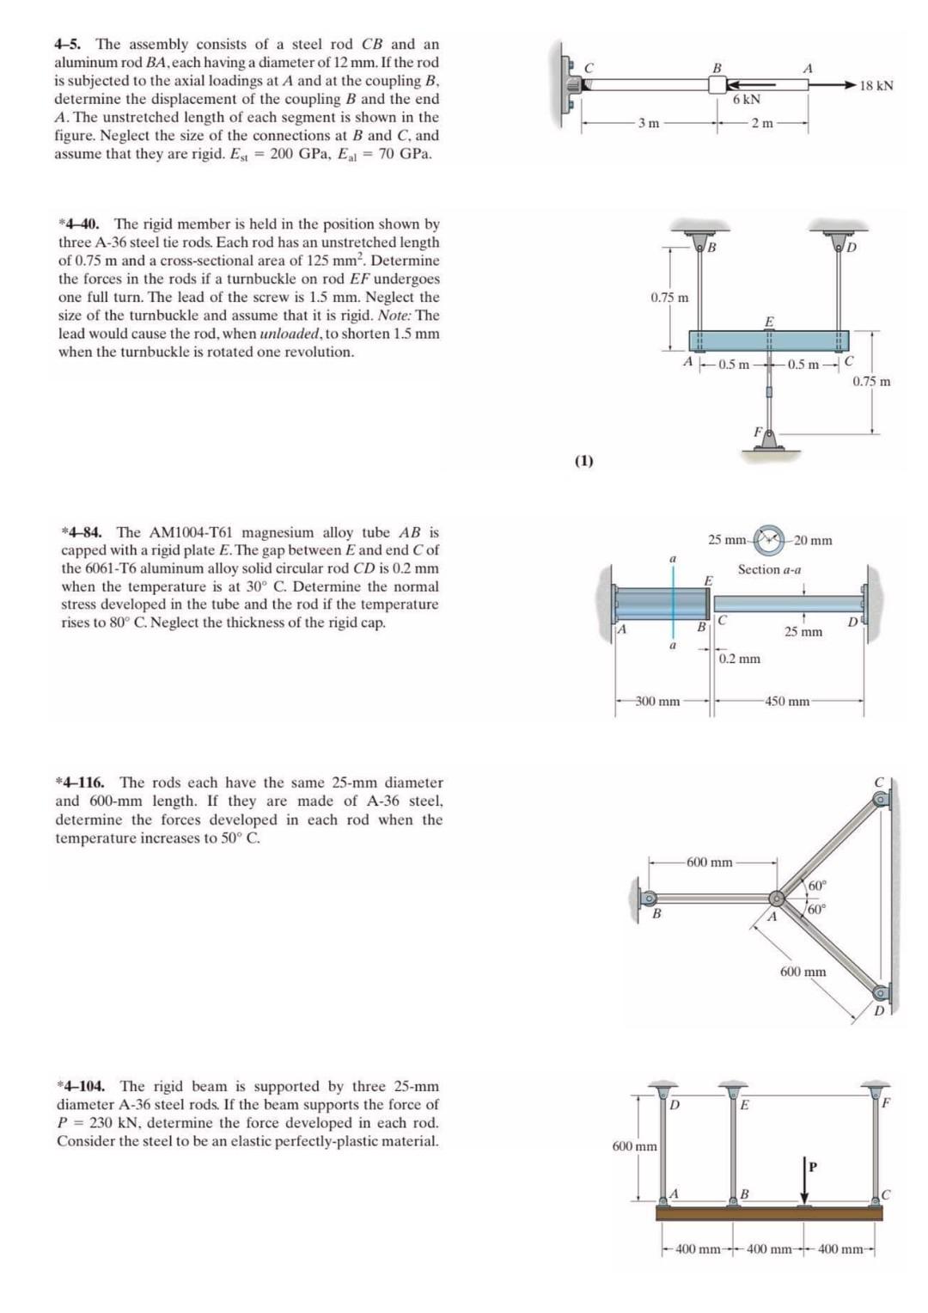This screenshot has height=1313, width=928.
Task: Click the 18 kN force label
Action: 876,85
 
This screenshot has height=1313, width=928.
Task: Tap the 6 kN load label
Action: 746,100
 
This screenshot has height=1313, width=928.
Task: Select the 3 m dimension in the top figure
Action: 649,124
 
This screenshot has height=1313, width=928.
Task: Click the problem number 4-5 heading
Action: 72,44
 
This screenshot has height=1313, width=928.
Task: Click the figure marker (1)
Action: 583,460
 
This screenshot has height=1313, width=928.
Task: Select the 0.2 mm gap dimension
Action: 739,659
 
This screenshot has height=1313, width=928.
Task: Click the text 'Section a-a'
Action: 769,569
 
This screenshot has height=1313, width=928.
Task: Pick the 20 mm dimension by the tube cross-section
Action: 812,541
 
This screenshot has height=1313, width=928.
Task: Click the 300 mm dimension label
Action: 657,702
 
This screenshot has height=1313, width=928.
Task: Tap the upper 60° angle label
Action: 816,885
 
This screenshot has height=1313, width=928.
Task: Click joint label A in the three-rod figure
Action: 772,917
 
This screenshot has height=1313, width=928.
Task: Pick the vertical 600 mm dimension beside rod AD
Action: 634,1146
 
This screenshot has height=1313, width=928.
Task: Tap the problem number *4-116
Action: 80,782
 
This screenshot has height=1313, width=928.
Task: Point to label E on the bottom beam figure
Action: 744,1105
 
